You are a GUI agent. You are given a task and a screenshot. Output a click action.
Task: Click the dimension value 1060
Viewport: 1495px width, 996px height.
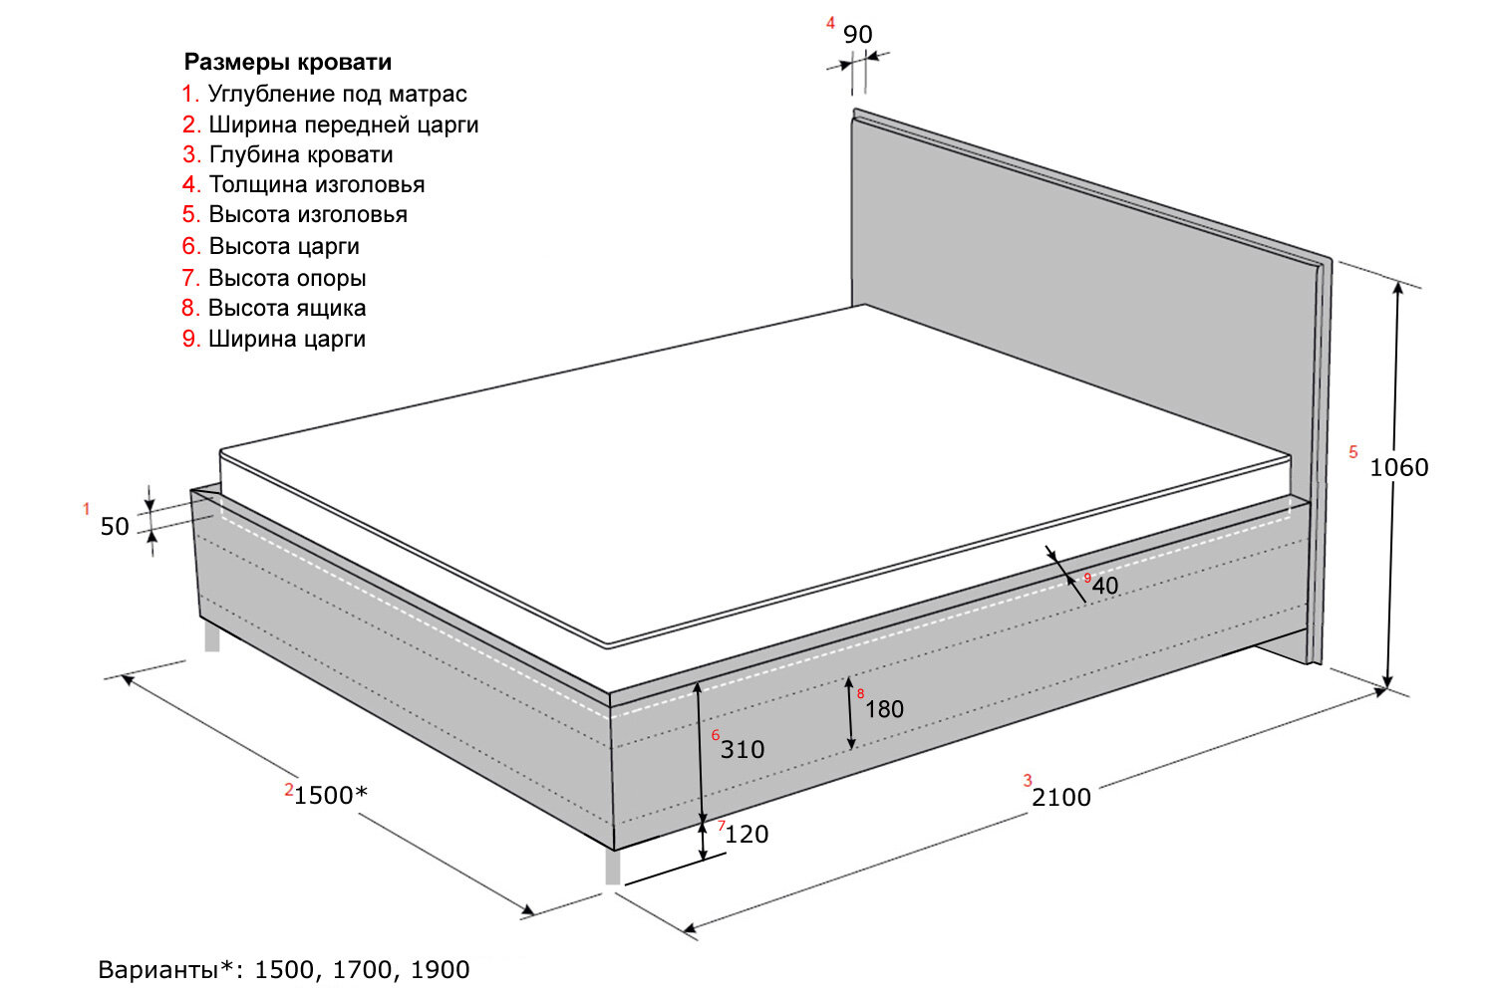coord(1398,467)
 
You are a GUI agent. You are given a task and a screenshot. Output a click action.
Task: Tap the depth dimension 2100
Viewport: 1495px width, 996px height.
coord(1061,797)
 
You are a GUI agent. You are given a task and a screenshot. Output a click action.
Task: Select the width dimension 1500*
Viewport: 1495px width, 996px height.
coord(331,795)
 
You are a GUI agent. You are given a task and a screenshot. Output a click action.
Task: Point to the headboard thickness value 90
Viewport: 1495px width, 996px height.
coord(857,35)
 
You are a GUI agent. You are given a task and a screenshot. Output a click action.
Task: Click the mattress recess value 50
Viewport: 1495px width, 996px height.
coord(115,527)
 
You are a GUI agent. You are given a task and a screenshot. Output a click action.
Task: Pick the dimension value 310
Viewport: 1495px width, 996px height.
coord(743,750)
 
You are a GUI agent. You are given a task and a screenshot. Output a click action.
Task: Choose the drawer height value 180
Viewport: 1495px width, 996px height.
coord(884,709)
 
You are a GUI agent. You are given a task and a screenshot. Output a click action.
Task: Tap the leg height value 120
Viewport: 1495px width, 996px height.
coord(747,835)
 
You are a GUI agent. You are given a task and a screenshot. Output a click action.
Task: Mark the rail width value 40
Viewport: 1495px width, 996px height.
coord(1105,586)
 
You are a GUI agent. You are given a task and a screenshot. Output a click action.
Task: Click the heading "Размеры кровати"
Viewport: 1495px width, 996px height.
coord(288,62)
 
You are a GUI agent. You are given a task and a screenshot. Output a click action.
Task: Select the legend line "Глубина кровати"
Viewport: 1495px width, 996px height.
coord(300,154)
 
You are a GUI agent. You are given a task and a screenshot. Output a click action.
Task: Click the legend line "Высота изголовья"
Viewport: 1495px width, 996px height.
coord(307,214)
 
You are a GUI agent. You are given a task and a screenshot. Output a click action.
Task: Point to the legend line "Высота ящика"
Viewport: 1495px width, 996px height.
coord(286,308)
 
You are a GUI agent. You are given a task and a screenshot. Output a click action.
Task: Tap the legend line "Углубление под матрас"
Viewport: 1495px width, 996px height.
coord(337,94)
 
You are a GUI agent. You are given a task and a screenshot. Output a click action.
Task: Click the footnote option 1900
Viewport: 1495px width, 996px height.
coord(440,969)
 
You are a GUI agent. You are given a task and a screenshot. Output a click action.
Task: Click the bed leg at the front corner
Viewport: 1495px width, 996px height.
coord(612,866)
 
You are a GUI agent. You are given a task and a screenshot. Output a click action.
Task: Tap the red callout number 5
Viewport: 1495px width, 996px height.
coord(1352,452)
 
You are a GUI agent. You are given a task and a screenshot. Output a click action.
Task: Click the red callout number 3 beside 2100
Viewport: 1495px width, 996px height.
coord(1028,781)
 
